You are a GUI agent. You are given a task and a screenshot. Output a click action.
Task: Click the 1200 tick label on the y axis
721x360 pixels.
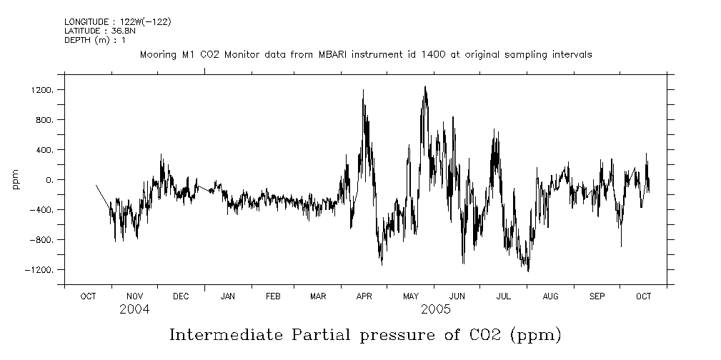coord(43,90)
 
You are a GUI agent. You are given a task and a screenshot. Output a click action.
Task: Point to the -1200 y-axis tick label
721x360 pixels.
coord(41,270)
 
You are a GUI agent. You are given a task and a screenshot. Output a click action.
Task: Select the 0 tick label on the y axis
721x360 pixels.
coord(49,180)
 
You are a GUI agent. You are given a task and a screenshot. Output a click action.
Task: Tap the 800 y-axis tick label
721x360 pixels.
coord(45,120)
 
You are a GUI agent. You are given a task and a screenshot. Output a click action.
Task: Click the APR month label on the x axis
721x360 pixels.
coord(364,296)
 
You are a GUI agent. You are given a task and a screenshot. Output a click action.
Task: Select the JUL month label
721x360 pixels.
coord(504,296)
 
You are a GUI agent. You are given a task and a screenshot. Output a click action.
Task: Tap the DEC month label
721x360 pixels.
coord(181,296)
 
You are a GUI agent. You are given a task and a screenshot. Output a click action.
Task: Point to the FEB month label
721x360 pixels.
coord(273,296)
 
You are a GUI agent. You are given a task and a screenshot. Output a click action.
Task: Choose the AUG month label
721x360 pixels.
coord(550,296)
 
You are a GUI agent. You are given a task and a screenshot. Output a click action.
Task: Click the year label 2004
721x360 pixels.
coord(134,309)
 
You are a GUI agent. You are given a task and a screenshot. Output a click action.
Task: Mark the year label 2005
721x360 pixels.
coord(435,309)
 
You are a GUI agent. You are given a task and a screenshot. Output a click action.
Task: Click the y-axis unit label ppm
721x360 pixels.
coord(16,180)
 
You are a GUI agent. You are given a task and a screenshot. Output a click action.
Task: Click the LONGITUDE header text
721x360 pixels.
coord(88,22)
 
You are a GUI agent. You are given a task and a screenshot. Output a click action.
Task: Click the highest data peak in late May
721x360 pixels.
coord(425,87)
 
